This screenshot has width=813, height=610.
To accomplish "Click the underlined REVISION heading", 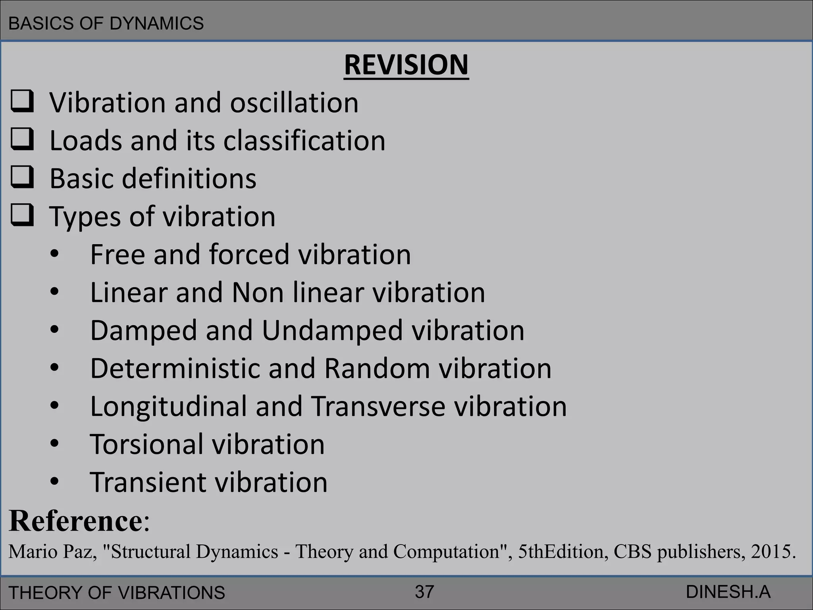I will click(406, 65).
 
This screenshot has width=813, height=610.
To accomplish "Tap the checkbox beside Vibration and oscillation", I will click(22, 102).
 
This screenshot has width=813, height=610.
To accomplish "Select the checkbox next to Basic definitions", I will click(22, 178).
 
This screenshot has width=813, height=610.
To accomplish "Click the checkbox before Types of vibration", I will click(22, 215).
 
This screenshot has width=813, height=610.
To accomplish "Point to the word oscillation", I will click(294, 103).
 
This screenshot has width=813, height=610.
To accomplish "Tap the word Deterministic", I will click(174, 369).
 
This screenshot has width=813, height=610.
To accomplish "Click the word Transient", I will click(148, 482).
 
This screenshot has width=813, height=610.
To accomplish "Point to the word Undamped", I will click(332, 331).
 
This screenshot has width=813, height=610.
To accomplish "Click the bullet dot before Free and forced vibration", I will click(54, 254).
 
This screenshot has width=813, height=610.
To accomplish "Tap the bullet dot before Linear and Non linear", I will click(54, 292).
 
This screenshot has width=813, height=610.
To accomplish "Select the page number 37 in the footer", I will click(424, 592).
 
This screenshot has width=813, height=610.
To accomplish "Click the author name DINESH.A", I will click(728, 592).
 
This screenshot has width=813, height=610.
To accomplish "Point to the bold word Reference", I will click(75, 521).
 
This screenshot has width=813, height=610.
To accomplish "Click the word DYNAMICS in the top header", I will click(156, 23).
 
